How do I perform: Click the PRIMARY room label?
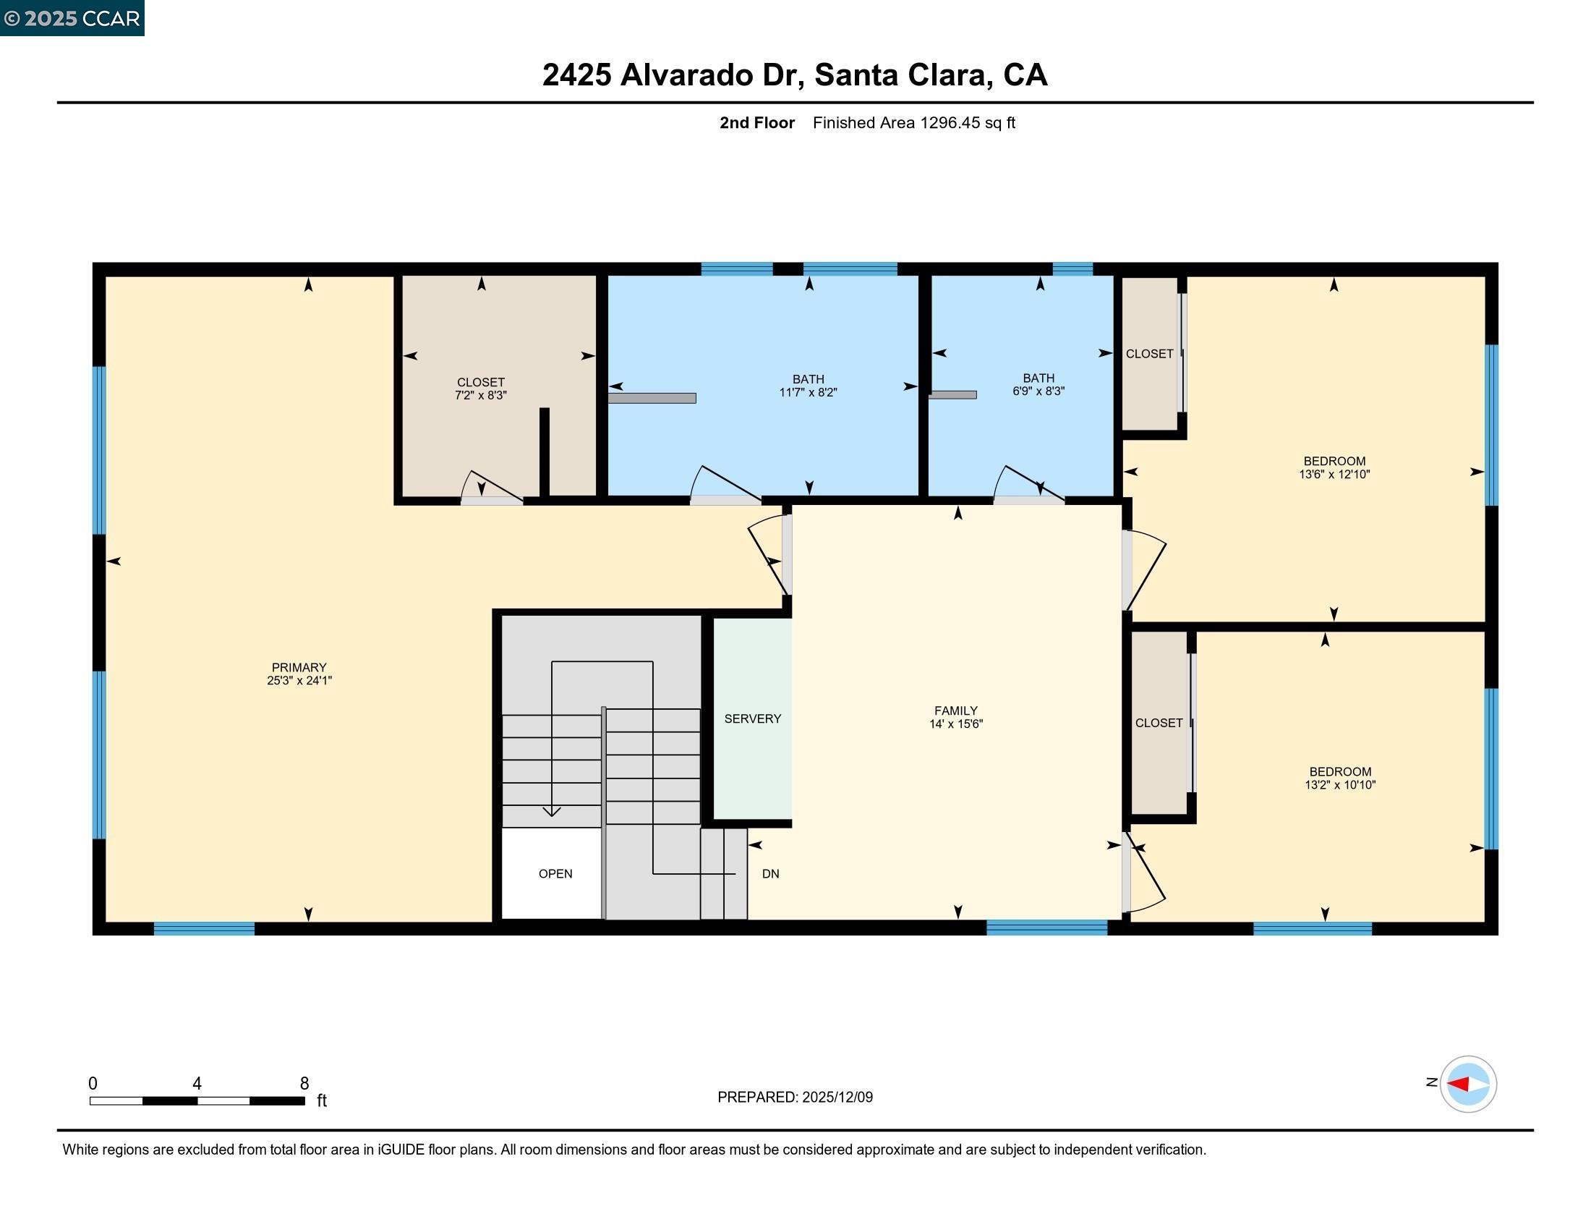tap(299, 668)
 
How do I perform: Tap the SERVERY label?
tap(752, 718)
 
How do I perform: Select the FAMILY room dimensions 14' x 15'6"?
tap(956, 724)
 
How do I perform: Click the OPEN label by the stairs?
tap(555, 874)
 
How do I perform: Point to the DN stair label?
tap(770, 874)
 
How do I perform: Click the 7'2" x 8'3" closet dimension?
tap(480, 395)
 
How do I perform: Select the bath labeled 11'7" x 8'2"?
tap(808, 386)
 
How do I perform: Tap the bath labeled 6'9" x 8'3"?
tap(1038, 384)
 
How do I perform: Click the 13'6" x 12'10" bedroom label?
tap(1334, 467)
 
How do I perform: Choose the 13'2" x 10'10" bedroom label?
tap(1339, 779)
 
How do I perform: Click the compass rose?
tap(1467, 1084)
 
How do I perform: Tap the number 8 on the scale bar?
tap(304, 1083)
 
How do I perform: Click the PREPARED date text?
tap(795, 1097)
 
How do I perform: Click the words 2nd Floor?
tap(756, 122)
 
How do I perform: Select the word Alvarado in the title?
tap(687, 75)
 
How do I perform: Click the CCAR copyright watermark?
tap(72, 17)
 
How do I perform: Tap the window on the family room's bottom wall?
tap(1046, 928)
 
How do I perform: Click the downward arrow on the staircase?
tap(552, 811)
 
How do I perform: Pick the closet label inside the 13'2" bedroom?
tap(1159, 723)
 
